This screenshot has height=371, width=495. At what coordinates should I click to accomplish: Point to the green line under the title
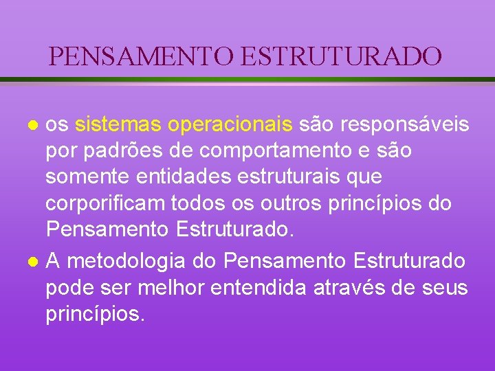(247, 80)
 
